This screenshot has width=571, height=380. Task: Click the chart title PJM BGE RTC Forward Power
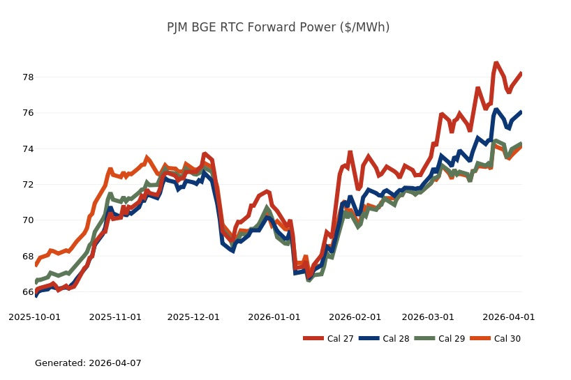point(278,27)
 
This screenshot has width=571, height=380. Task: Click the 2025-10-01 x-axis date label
point(34,317)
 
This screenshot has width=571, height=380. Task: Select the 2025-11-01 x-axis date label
point(115,317)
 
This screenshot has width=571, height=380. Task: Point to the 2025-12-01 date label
point(193,317)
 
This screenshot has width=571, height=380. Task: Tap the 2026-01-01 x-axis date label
point(274,317)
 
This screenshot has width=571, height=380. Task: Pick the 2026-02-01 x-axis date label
point(355,317)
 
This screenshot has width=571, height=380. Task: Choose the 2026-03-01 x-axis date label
point(428,317)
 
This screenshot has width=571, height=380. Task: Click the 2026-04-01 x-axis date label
point(509,317)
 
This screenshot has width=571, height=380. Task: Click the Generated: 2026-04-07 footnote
point(88,363)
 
